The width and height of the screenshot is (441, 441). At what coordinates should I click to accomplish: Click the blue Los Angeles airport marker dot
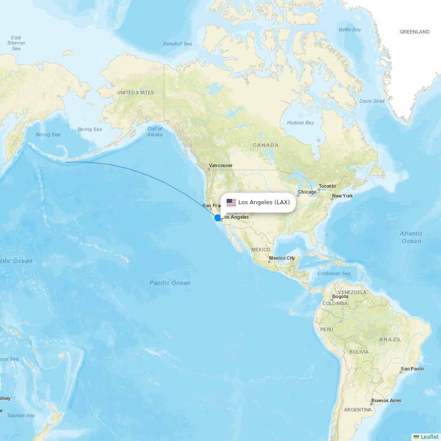217,217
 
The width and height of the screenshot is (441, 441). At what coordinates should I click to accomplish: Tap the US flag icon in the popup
231,202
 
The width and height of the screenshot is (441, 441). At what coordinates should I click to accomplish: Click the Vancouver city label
220,166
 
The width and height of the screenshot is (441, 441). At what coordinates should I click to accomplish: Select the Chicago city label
307,192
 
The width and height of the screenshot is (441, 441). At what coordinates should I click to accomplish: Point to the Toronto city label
327,187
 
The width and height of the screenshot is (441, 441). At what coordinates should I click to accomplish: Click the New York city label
343,196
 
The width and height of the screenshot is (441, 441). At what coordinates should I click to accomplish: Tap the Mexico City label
282,258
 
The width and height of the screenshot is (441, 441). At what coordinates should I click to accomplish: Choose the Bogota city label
340,296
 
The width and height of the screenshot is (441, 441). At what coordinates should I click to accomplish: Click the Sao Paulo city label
412,369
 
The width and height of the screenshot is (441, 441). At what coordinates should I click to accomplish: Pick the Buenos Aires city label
386,401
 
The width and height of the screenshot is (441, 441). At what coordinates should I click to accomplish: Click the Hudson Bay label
300,123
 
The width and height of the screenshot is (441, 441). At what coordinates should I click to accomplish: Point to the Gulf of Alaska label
155,131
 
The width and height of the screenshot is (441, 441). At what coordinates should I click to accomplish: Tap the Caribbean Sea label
334,273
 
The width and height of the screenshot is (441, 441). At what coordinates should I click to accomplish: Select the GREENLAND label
414,32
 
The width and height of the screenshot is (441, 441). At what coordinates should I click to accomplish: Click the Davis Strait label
372,101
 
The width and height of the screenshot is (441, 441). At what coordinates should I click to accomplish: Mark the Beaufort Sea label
177,44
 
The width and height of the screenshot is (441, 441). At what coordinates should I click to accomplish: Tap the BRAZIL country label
390,340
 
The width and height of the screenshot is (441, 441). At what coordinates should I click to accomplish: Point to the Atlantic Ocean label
411,237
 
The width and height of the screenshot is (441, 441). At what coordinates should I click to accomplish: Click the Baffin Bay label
350,30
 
